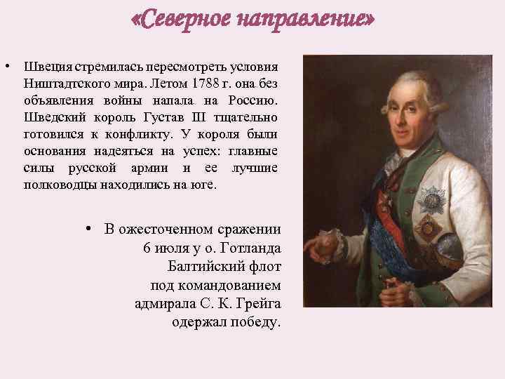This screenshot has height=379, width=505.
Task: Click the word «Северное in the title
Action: [182, 21]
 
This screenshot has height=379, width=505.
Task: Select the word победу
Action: [252, 323]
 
